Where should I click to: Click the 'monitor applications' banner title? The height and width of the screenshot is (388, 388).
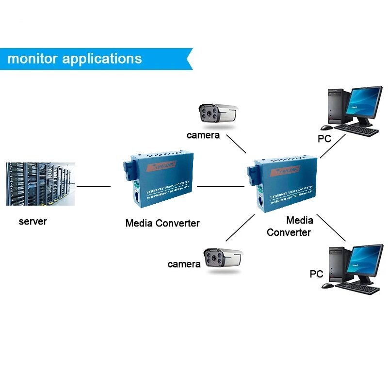coord(74,59)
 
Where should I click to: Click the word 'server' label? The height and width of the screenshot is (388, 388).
coord(33,222)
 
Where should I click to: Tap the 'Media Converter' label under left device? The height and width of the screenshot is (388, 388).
coord(162,223)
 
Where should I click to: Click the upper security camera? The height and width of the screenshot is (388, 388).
coord(217,113)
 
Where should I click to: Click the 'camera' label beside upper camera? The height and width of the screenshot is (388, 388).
coord(203,135)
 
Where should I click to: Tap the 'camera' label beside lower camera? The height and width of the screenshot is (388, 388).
coord(184,264)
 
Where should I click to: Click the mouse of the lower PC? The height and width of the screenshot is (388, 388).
coord(328,286)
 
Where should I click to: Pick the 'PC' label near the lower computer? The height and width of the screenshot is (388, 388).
coord(316,274)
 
